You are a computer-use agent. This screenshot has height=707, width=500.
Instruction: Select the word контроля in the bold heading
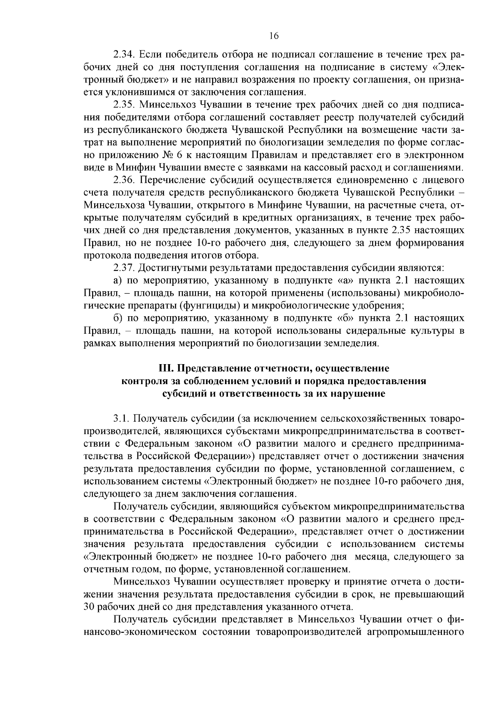click(x=140, y=381)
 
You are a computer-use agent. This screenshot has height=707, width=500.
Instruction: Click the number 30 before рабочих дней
click(x=90, y=606)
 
